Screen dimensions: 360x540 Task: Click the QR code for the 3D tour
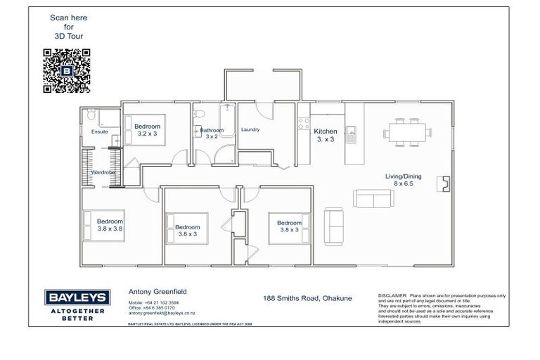click(x=67, y=70)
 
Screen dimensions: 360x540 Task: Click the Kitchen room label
click(x=326, y=135)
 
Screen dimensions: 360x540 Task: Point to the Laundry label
click(x=250, y=129)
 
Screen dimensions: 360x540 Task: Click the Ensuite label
click(x=100, y=131)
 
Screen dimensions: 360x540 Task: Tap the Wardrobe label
click(x=102, y=172)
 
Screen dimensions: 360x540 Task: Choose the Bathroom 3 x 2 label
click(x=211, y=134)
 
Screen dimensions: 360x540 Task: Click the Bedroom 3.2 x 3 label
click(x=148, y=130)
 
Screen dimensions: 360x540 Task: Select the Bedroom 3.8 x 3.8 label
click(x=110, y=224)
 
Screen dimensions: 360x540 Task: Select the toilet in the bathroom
click(x=199, y=115)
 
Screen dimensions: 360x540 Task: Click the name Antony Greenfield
click(x=157, y=290)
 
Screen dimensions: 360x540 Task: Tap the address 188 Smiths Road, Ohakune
click(x=306, y=298)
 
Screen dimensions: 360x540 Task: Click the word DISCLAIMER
click(x=393, y=295)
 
